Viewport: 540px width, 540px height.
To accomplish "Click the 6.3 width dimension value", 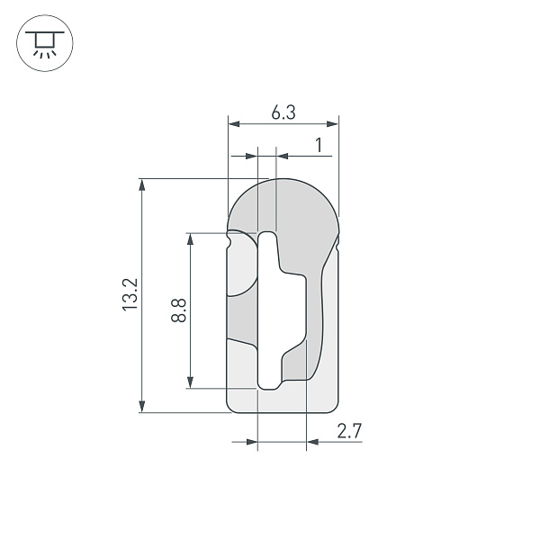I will [283, 112].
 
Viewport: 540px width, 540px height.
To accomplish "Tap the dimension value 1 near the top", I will [318, 145].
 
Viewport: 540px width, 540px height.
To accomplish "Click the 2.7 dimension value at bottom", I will [349, 431].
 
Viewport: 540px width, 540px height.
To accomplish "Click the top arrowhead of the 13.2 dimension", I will [141, 184].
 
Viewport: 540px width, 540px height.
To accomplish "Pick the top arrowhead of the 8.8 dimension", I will [190, 239].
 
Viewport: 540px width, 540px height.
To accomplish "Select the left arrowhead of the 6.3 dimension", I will [233, 123].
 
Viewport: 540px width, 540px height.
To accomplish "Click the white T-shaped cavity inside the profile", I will [270, 310].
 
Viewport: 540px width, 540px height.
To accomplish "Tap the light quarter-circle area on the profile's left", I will [239, 270].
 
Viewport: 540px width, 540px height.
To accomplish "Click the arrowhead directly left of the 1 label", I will [281, 156].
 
